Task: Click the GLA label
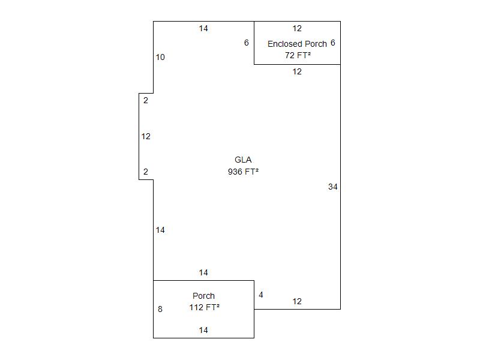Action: [x=243, y=160]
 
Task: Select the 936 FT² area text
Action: [x=243, y=172]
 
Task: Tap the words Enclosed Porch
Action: [x=297, y=44]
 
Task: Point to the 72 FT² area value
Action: [x=298, y=55]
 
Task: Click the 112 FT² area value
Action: [x=204, y=307]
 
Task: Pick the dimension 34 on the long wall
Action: [x=333, y=187]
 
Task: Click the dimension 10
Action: [x=160, y=57]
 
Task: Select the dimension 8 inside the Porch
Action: [x=160, y=309]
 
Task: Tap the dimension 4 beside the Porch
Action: [x=261, y=295]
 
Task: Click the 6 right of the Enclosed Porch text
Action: [x=333, y=43]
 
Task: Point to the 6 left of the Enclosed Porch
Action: [x=247, y=43]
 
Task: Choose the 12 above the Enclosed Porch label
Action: [x=297, y=28]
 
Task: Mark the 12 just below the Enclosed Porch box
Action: [x=297, y=71]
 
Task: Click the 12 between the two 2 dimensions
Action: [x=146, y=137]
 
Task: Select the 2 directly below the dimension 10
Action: [x=146, y=100]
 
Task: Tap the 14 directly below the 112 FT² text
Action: [x=203, y=331]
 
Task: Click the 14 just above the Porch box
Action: [x=203, y=273]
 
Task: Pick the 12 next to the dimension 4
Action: [x=297, y=302]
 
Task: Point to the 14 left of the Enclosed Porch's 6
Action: [x=203, y=28]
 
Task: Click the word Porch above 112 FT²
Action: [x=203, y=296]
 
